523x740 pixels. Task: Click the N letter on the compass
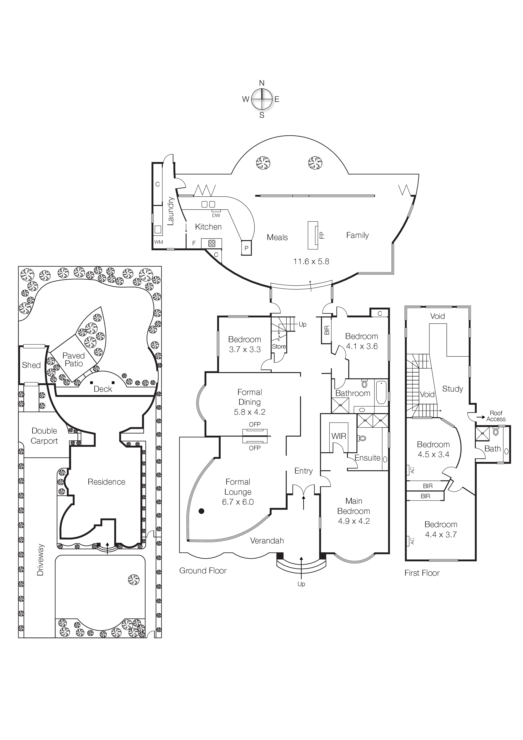(262, 83)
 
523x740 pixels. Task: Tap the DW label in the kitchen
(216, 215)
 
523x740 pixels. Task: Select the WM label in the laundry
(159, 242)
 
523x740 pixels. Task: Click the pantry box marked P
(247, 248)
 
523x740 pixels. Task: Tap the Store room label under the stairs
(279, 346)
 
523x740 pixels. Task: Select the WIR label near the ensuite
(339, 436)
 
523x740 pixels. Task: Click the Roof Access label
(496, 416)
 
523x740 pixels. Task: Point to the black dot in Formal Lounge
(201, 511)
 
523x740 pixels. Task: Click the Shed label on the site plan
(31, 365)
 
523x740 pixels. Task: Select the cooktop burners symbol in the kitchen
(212, 243)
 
